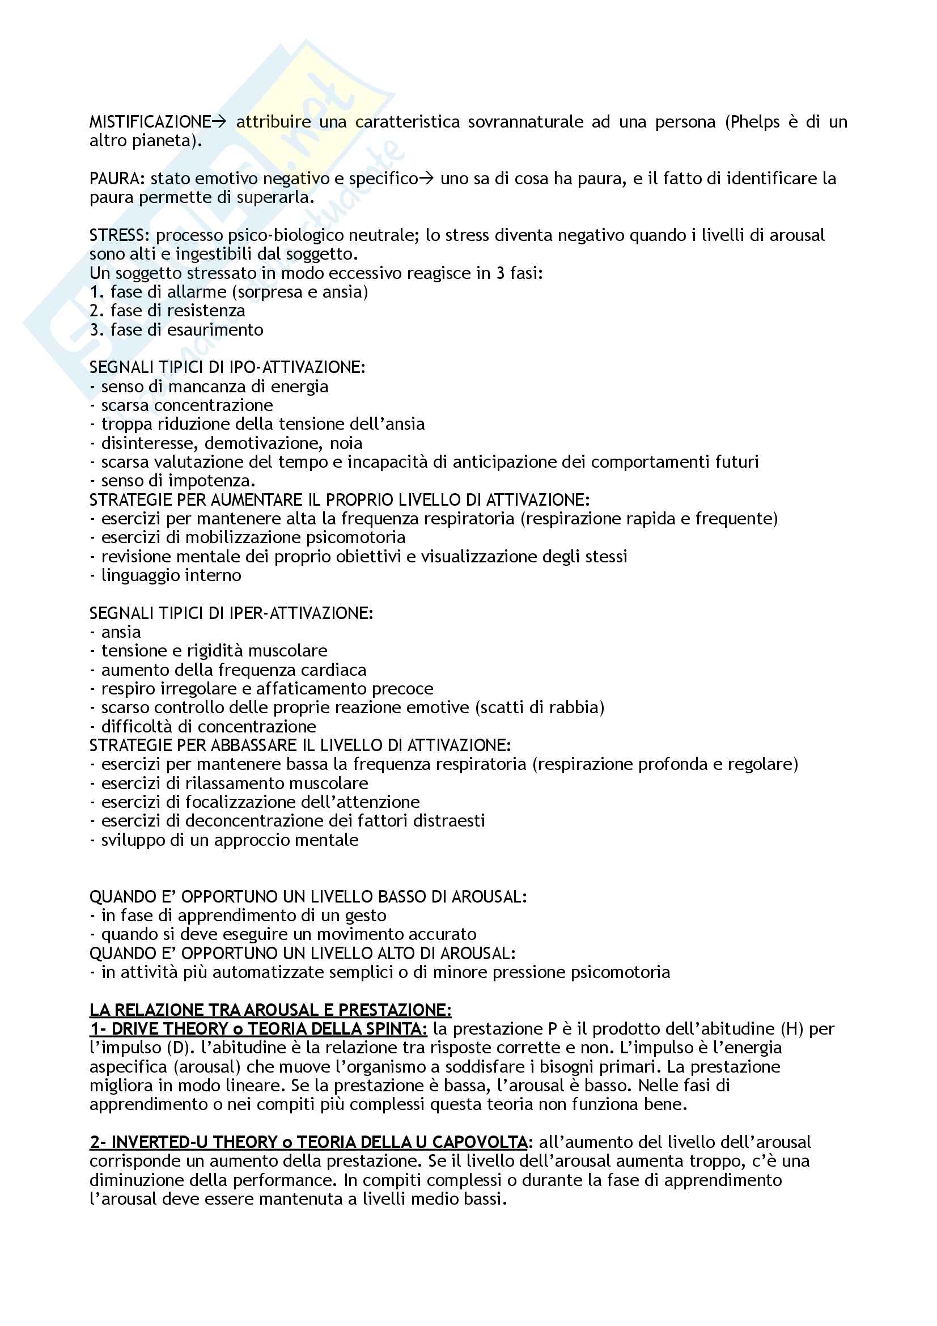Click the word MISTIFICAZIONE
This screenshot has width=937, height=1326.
150,122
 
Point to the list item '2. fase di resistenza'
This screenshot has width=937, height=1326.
167,311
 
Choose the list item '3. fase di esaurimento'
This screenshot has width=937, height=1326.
176,330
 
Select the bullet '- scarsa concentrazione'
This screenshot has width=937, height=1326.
181,405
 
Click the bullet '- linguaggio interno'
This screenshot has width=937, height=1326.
166,575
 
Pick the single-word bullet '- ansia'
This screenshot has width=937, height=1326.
116,633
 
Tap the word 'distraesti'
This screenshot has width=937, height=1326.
450,821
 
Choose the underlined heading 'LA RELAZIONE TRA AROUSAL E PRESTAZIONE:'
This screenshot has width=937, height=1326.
270,1010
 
